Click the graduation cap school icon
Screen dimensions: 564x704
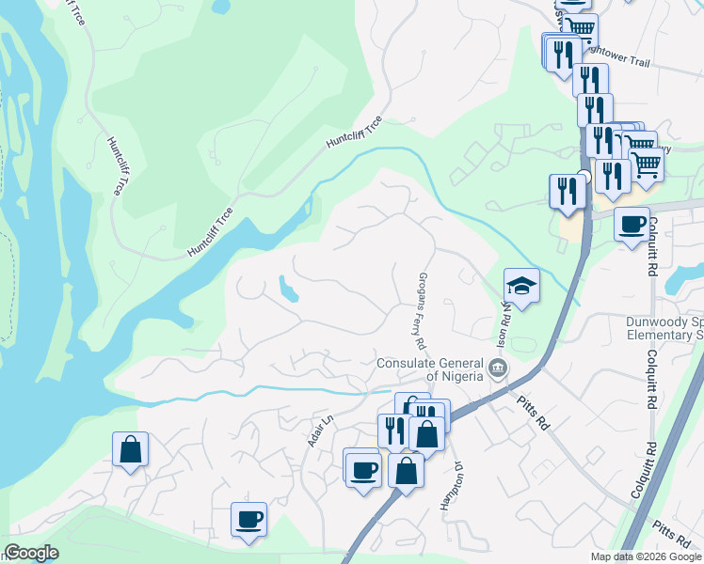520,285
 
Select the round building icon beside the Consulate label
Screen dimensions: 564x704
499,368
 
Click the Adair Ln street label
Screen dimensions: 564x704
321,431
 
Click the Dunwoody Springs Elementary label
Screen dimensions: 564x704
664,328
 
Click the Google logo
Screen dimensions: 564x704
30,554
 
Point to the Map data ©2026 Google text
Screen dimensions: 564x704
646,556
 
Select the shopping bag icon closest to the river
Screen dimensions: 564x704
130,449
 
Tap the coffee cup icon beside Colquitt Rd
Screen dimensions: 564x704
632,225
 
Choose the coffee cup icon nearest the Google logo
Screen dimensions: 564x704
248,519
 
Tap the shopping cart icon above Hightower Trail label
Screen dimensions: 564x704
579,28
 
